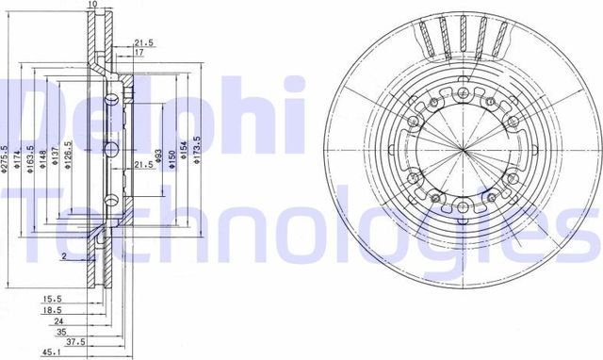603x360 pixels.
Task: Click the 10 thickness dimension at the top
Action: click(x=92, y=6)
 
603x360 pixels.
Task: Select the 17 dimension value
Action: click(x=139, y=53)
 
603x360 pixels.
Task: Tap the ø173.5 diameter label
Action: click(x=197, y=151)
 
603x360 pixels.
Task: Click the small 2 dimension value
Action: click(x=63, y=256)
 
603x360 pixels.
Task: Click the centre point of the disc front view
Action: click(x=462, y=150)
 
